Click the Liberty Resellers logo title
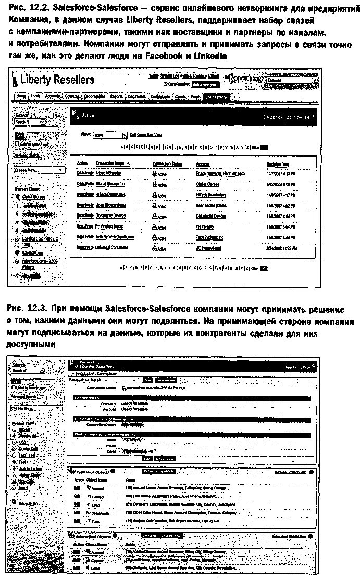coord(57,80)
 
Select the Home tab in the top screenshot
coord(21,97)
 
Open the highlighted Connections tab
coord(216,97)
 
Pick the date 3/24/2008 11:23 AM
coord(282,248)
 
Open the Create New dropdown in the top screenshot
coord(39,170)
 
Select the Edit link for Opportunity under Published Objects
coord(77,511)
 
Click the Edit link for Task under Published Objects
coord(77,520)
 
